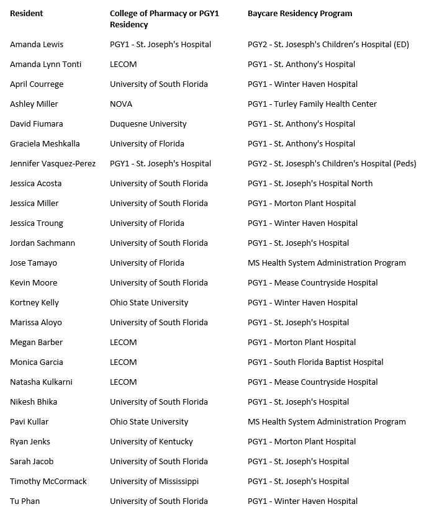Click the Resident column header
click(27, 14)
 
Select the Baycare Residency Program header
click(299, 14)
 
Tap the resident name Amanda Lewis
click(37, 45)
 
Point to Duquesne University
click(148, 124)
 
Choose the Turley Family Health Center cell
click(312, 104)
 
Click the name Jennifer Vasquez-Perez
click(53, 164)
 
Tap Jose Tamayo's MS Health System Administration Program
click(327, 263)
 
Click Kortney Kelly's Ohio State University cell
click(149, 303)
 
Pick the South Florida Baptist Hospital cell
click(315, 362)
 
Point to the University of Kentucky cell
click(151, 442)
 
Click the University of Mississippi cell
click(155, 482)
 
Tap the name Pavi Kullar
click(29, 422)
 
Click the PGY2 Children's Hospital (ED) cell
click(328, 45)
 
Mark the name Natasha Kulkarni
click(42, 382)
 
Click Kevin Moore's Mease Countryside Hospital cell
click(312, 283)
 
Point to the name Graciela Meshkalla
click(45, 144)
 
